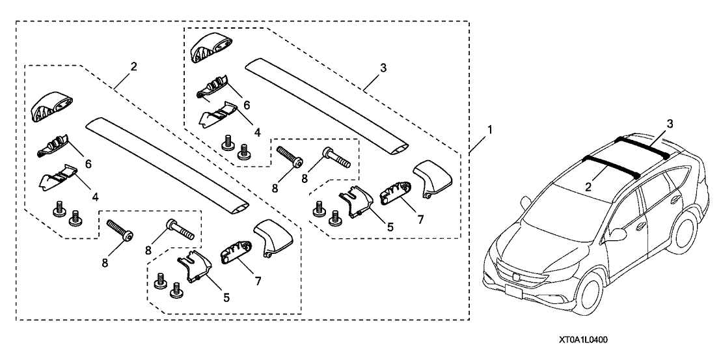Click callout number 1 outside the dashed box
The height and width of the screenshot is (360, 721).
[x=490, y=130]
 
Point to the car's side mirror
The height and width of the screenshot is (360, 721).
[x=617, y=232]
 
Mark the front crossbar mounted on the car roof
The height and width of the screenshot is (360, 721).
[x=612, y=165]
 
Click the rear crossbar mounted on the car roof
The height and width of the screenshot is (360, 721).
[x=644, y=147]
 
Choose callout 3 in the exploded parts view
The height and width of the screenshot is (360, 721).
[x=384, y=67]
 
